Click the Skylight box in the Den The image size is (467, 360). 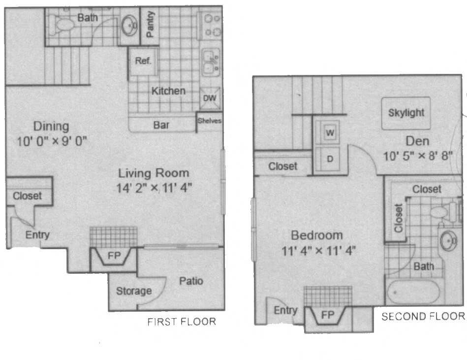(x=406, y=113)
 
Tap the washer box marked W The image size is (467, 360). (x=330, y=132)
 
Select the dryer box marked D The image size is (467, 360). (x=330, y=159)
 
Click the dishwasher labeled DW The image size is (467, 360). (x=210, y=98)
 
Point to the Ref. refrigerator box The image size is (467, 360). (x=143, y=62)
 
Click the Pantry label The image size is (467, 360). (x=151, y=25)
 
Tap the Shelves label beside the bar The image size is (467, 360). (x=210, y=120)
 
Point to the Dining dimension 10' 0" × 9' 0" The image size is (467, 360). (x=51, y=142)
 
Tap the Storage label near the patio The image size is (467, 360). (x=133, y=291)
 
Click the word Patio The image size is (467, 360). (x=191, y=281)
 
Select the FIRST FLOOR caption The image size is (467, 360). (x=182, y=322)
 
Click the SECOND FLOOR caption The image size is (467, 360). (x=423, y=316)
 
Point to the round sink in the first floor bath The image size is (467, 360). (x=130, y=23)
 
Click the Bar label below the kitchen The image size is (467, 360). (x=161, y=125)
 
